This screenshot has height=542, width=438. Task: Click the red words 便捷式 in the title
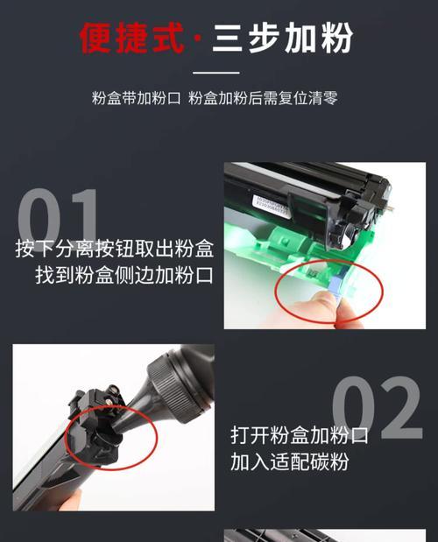coord(131,37)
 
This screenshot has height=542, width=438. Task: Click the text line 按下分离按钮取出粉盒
coord(115,249)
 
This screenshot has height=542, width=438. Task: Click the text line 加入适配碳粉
coord(289,461)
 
